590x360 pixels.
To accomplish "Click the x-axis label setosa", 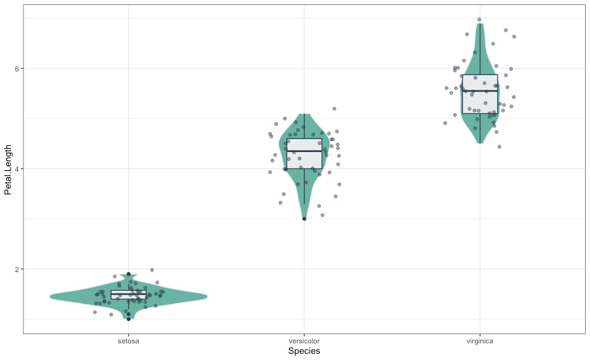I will pyautogui.click(x=129, y=340).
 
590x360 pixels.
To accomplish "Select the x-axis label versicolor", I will pyautogui.click(x=304, y=340).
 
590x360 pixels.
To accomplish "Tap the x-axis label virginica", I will pyautogui.click(x=480, y=340).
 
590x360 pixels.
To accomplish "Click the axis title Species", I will pyautogui.click(x=304, y=351).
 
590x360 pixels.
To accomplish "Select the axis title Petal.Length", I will pyautogui.click(x=8, y=169).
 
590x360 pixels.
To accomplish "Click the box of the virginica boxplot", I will pyautogui.click(x=480, y=102).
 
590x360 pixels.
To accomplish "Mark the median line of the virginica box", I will pyautogui.click(x=480, y=91).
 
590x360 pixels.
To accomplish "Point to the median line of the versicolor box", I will pyautogui.click(x=304, y=151).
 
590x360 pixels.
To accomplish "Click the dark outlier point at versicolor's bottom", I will pyautogui.click(x=304, y=218).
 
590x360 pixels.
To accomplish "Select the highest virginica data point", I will pyautogui.click(x=479, y=20).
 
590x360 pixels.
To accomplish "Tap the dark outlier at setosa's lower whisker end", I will pyautogui.click(x=129, y=319).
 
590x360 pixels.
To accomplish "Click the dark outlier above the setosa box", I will pyautogui.click(x=129, y=274).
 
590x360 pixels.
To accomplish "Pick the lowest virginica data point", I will pyautogui.click(x=499, y=146).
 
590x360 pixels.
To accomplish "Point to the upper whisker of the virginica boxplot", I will pyautogui.click(x=480, y=49).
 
